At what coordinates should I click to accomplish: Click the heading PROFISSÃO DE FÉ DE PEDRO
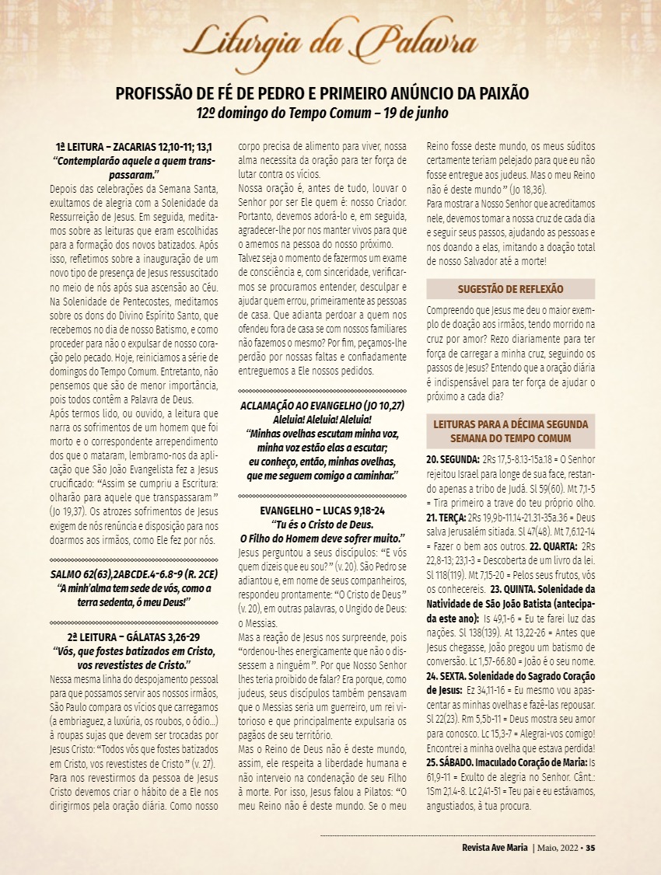[322, 94]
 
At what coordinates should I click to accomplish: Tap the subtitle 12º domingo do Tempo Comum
[322, 112]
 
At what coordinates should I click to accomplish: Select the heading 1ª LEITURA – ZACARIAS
[135, 146]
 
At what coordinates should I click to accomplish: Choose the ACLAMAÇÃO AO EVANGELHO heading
[322, 406]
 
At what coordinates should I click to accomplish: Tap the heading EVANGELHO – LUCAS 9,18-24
[322, 511]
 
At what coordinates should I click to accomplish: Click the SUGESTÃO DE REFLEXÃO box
[511, 289]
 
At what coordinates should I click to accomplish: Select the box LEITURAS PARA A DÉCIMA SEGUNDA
[511, 432]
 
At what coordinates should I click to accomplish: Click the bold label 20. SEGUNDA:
[453, 460]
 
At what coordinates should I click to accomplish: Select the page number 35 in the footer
[590, 847]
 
